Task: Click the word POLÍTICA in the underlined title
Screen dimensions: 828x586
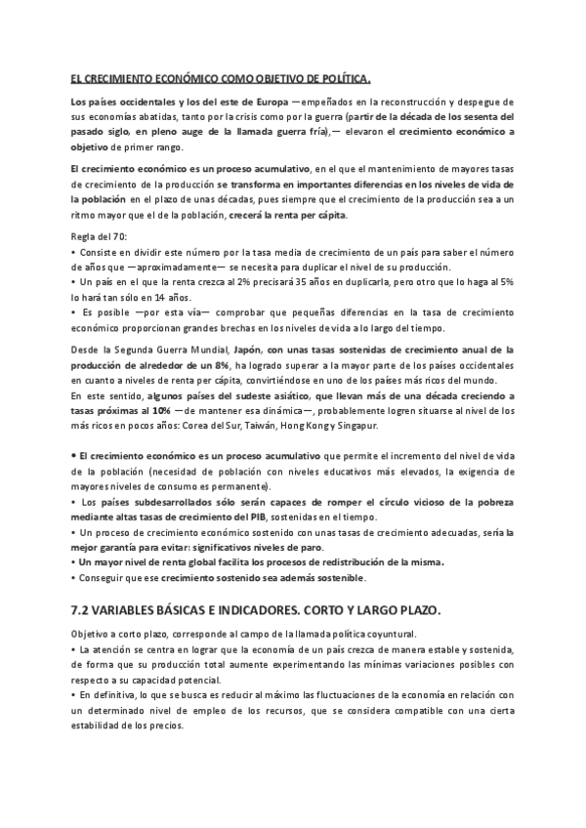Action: click(349, 78)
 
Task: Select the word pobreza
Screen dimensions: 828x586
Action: click(494, 501)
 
